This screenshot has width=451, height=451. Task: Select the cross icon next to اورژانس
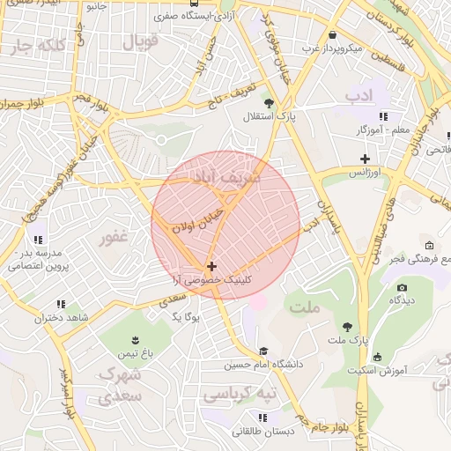tap(365, 159)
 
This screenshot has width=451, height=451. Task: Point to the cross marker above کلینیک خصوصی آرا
tap(211, 265)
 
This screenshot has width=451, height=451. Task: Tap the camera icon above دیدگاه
tap(403, 287)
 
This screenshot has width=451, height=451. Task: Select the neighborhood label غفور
tap(115, 236)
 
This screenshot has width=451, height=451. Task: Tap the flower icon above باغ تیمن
tap(134, 340)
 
